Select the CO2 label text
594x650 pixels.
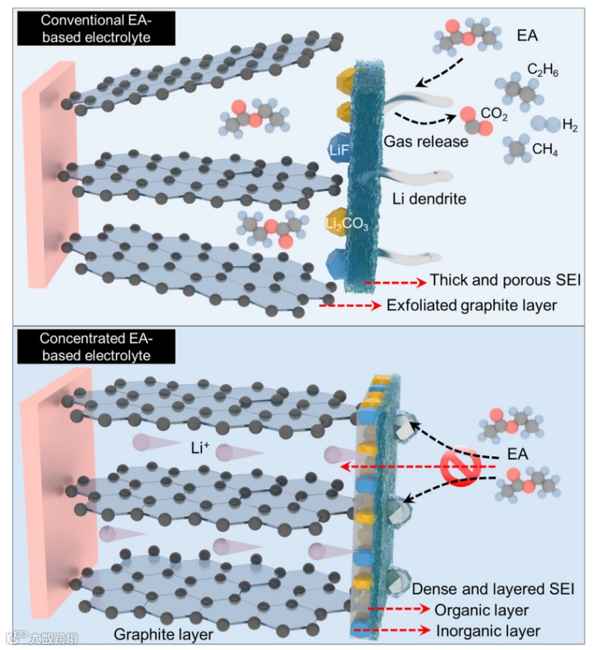(495, 114)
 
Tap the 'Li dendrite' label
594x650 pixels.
(429, 199)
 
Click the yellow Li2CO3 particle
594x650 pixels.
(338, 222)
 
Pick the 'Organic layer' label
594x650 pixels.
(482, 610)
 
